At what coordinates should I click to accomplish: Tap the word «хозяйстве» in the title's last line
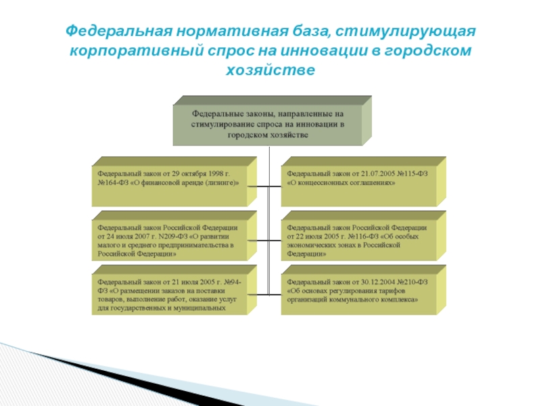coord(270,70)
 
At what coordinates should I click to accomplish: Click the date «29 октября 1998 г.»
coord(201,173)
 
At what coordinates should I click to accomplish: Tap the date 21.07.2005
coord(373,173)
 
